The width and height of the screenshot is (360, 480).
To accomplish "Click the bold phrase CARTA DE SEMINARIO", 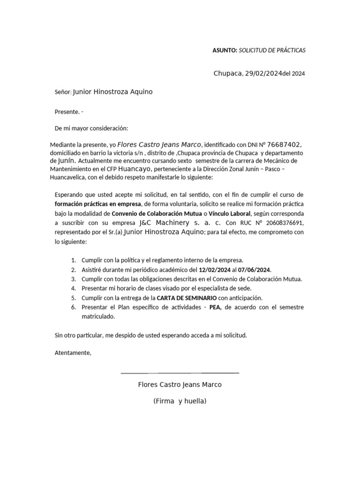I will pos(187,298).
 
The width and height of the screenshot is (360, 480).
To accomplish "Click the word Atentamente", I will pos(73,352).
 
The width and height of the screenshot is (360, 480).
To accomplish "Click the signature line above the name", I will pos(180,373).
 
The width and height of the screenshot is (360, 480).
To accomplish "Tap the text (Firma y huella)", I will pos(180,401).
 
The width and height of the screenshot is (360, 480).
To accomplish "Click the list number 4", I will pos(74,288).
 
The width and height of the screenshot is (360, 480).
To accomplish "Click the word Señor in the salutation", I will pos(63,92).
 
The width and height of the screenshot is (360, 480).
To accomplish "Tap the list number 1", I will pos(74,260).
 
